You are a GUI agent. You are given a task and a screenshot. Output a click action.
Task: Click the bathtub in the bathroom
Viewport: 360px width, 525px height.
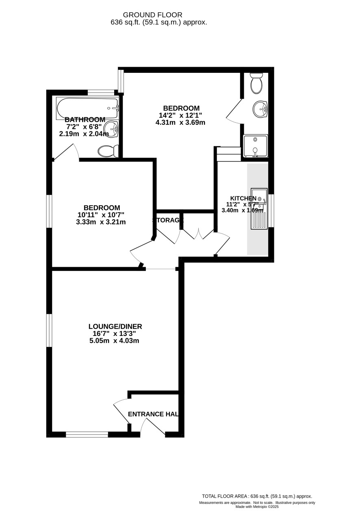coord(88,108)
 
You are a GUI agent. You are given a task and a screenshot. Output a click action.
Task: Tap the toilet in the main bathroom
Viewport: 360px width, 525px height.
coord(108,151)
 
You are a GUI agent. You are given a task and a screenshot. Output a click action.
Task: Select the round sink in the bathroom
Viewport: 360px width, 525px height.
coord(111,129)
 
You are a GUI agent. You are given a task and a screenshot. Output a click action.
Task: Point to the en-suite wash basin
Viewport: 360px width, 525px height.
coord(260,109)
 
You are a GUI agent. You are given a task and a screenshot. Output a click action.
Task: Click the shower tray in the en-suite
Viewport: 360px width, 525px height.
coord(256,146)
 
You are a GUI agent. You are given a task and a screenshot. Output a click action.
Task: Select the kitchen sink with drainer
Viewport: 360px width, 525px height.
coord(259,208)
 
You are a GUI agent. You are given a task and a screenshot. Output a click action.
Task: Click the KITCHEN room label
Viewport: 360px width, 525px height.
coord(243,198)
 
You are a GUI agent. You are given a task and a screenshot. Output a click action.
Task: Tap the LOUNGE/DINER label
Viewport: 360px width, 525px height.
coord(115,327)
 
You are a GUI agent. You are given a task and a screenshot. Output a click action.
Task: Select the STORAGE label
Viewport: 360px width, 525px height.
coord(168,220)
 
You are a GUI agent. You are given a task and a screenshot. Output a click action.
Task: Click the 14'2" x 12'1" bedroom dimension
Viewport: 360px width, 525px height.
coord(180,115)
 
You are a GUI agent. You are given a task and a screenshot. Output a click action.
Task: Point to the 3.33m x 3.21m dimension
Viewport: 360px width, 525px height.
coord(101,222)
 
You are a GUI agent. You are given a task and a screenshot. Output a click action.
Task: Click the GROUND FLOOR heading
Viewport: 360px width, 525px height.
coord(152,15)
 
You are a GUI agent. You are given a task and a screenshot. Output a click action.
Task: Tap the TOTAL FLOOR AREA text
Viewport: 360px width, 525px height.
coord(257,496)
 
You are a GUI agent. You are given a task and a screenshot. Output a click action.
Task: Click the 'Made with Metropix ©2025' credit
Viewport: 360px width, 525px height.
coord(257,506)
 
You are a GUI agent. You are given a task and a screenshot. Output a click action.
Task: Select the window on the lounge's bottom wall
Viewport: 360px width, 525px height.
coord(87,435)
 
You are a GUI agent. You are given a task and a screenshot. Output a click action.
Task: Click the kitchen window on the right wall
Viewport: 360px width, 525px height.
coord(271,211)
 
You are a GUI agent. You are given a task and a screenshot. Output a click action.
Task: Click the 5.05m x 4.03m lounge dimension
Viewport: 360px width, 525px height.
coord(114,340)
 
